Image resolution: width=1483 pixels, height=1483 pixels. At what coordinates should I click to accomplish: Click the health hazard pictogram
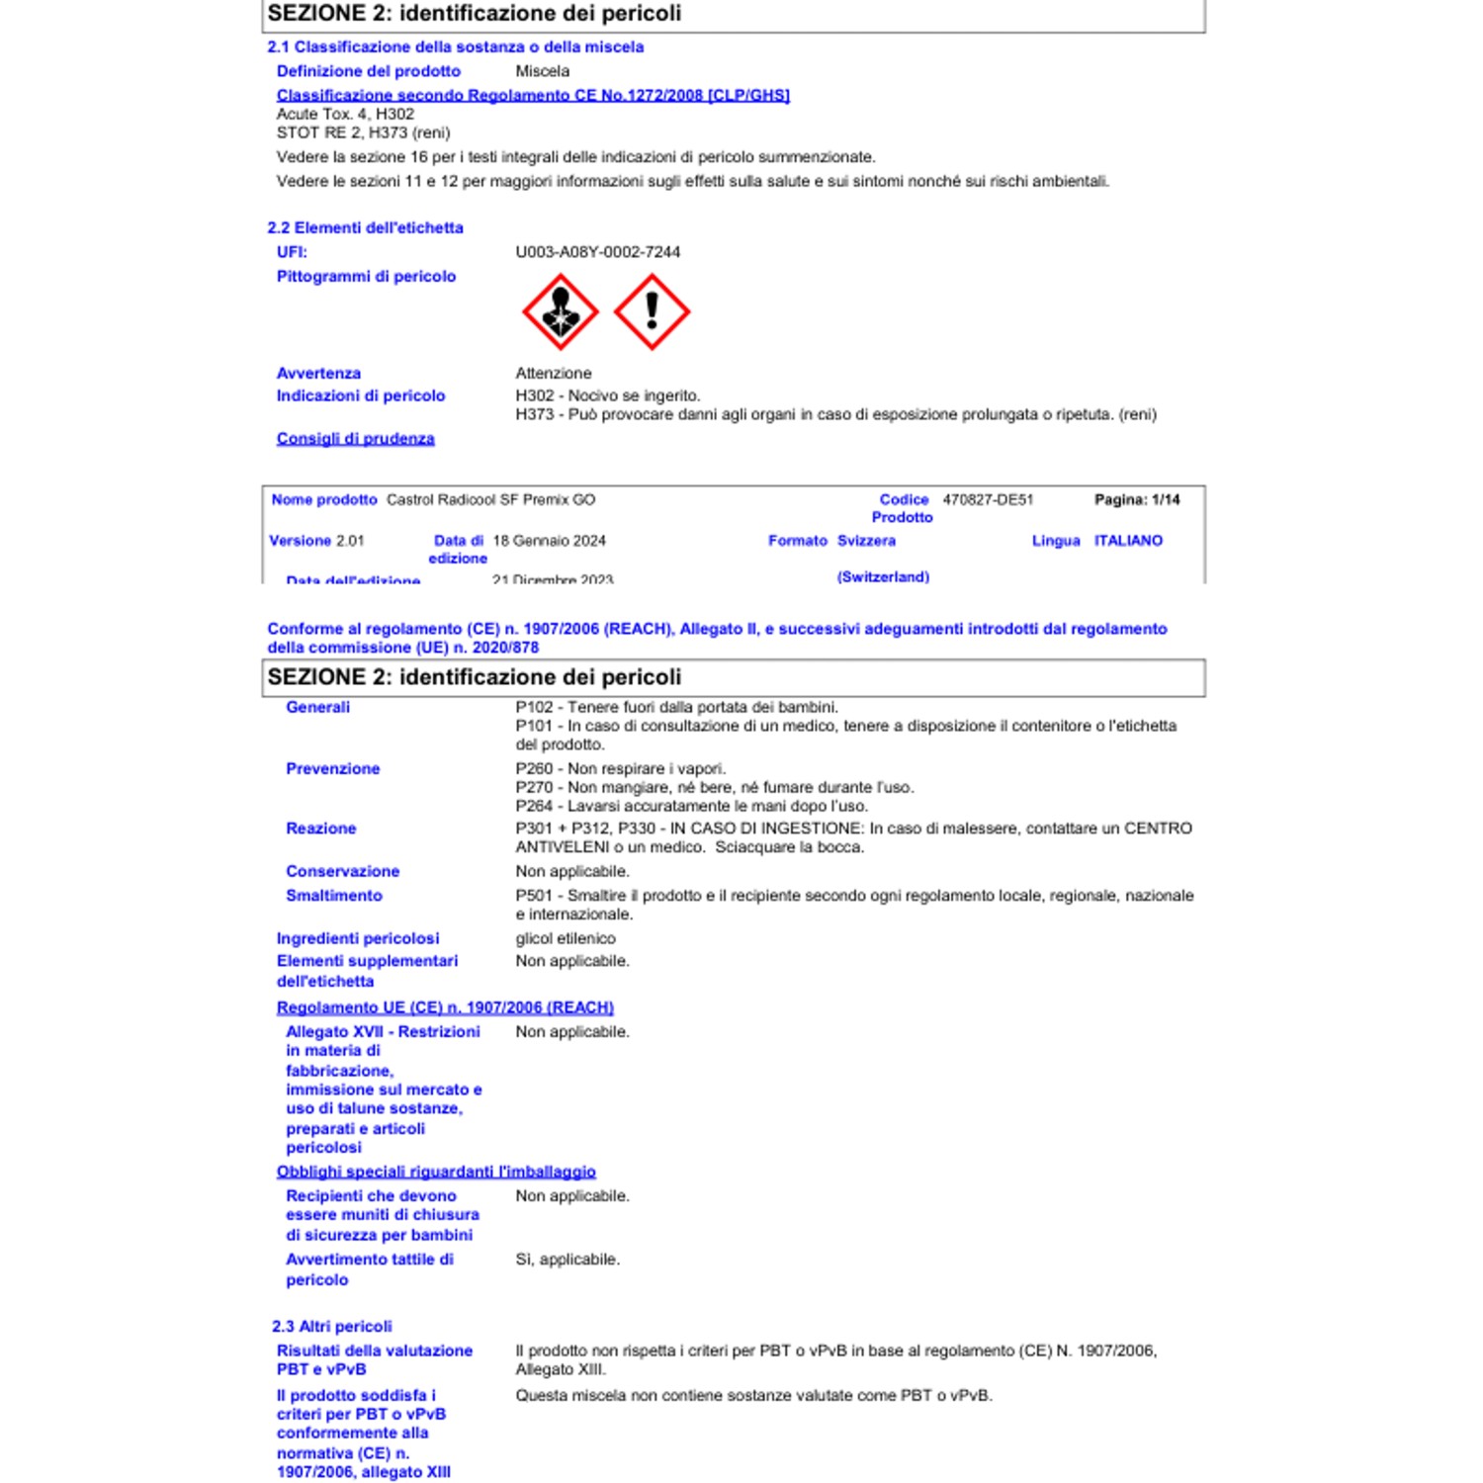click(x=560, y=312)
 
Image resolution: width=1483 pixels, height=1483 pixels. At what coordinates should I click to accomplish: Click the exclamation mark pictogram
click(x=652, y=312)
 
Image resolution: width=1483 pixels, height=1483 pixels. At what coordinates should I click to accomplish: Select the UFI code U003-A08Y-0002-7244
click(x=597, y=252)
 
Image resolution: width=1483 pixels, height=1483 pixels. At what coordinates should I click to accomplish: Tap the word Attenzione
click(x=553, y=373)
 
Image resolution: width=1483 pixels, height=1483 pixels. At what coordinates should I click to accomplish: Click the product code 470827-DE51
click(x=987, y=500)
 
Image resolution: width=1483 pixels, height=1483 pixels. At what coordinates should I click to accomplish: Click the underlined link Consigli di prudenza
click(x=355, y=439)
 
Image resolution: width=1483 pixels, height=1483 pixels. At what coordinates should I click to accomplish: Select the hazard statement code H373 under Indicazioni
click(x=534, y=414)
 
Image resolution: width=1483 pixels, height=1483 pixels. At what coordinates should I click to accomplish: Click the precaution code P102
click(x=534, y=707)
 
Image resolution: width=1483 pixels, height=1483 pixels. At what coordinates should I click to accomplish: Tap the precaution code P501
click(x=534, y=896)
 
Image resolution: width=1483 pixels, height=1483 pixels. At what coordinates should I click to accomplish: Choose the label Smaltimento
click(x=333, y=896)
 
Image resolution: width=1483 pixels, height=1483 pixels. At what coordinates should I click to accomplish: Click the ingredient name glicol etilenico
click(x=565, y=938)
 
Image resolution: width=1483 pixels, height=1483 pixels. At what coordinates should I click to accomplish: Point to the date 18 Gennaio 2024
click(x=549, y=541)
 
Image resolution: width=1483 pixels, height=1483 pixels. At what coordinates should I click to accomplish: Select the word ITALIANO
click(x=1127, y=541)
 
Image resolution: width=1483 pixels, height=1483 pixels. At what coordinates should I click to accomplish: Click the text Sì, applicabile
click(x=567, y=1260)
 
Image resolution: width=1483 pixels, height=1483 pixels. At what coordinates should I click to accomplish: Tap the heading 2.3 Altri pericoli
click(x=331, y=1327)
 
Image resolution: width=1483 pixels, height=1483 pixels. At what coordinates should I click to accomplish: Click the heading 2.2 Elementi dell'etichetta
click(x=365, y=227)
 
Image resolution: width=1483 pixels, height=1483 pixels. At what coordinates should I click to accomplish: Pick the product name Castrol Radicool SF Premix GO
click(x=490, y=500)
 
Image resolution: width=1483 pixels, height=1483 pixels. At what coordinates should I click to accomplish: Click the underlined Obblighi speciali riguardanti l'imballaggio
click(x=436, y=1172)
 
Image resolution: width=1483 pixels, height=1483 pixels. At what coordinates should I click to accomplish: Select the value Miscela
click(x=542, y=71)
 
